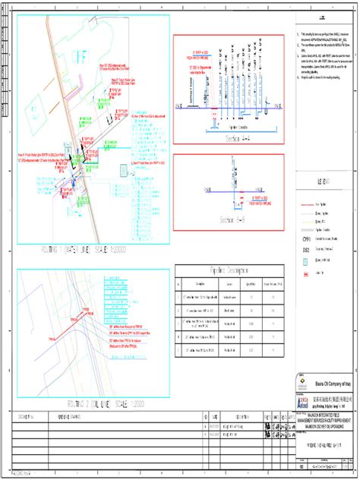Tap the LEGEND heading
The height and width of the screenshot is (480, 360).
click(323, 183)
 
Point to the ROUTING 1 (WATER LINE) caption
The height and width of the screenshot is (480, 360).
click(93, 248)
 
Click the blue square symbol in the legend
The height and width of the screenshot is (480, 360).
click(298, 260)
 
